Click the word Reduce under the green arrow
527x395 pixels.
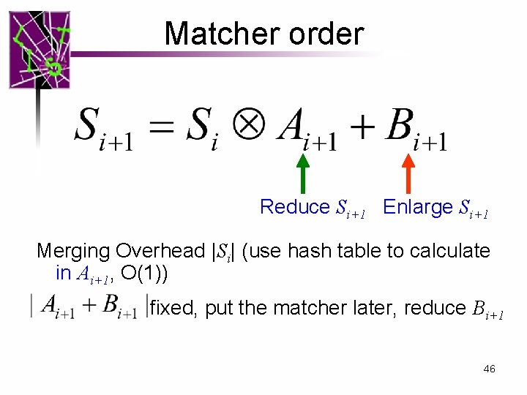tap(295, 207)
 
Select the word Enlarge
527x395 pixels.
tap(418, 207)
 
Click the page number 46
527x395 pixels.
tap(490, 369)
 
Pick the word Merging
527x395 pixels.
tap(73, 251)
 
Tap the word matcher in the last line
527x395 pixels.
tap(296, 308)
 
